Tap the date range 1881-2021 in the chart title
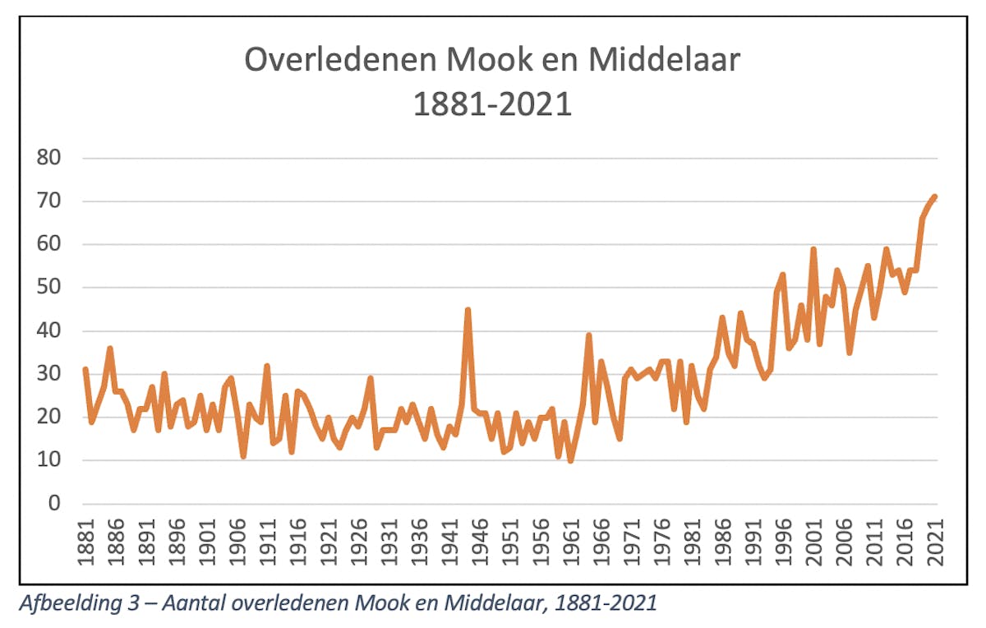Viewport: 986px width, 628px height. tap(492, 105)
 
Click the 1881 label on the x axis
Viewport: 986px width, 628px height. tap(85, 542)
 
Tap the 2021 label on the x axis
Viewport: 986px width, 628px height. tap(934, 542)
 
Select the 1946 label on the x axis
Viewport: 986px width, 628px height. tap(479, 542)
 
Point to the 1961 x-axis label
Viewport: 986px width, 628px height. tap(570, 542)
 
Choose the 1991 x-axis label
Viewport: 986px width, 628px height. tap(753, 542)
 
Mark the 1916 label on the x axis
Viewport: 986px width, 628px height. tap(297, 542)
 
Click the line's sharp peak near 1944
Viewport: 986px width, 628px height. tap(468, 310)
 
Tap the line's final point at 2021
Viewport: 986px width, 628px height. tap(934, 197)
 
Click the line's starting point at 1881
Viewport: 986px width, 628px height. tap(85, 370)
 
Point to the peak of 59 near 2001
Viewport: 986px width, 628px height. tap(813, 249)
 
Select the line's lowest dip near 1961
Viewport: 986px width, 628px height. tap(570, 460)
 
